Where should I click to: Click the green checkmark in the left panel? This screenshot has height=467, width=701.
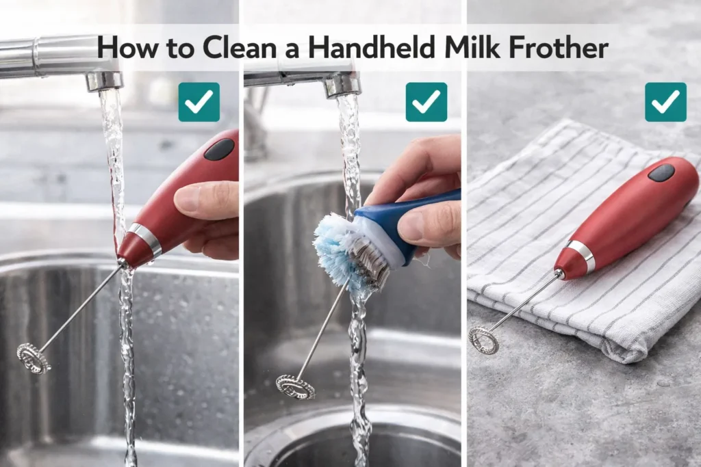pos(199,102)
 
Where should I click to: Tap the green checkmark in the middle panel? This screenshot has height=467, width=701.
pos(426,102)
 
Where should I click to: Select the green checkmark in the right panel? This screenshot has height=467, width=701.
pos(665,102)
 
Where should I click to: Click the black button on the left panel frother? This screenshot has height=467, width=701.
pos(219,149)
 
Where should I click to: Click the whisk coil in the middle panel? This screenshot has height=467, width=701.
pos(295,387)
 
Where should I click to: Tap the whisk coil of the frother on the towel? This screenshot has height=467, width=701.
pos(483,340)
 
